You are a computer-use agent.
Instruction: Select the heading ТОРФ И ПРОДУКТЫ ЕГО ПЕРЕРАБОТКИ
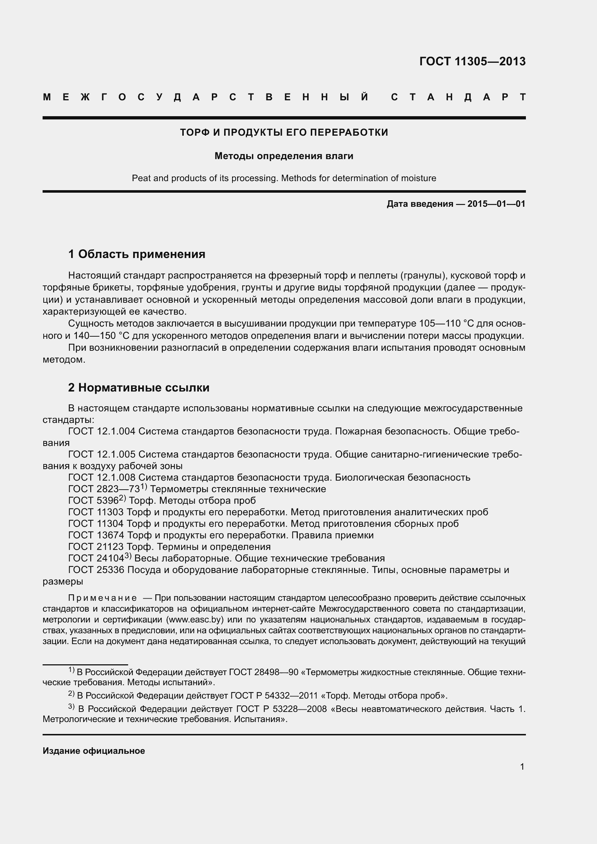pyautogui.click(x=284, y=132)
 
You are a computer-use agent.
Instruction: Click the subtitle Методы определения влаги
pyautogui.click(x=284, y=156)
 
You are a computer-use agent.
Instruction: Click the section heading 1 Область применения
pyautogui.click(x=137, y=254)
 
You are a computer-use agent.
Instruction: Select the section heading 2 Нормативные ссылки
pyautogui.click(x=139, y=388)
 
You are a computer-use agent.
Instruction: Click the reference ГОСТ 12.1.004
pyautogui.click(x=102, y=431)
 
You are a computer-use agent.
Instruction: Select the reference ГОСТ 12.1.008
pyautogui.click(x=102, y=477)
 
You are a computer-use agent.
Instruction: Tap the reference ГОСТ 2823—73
pyautogui.click(x=104, y=489)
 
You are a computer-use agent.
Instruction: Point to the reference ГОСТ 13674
pyautogui.click(x=96, y=535)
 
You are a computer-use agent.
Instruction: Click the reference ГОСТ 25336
pyautogui.click(x=96, y=570)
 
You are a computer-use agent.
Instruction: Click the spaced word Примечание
pyautogui.click(x=103, y=598)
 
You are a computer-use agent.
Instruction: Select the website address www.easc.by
pyautogui.click(x=195, y=620)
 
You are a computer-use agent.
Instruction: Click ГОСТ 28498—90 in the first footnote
pyautogui.click(x=263, y=672)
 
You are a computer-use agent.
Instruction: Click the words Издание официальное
pyautogui.click(x=94, y=751)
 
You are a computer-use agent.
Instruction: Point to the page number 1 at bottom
pyautogui.click(x=522, y=767)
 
